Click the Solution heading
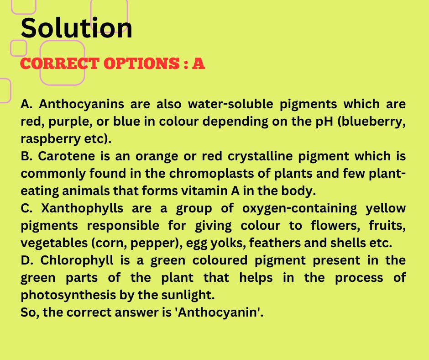click(76, 28)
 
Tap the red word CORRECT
click(60, 64)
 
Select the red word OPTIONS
click(141, 64)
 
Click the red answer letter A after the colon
click(199, 64)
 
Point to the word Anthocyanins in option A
click(81, 104)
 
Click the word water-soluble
click(230, 104)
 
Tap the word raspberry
click(50, 139)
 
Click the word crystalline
click(260, 156)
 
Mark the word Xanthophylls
click(82, 208)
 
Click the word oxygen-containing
click(299, 208)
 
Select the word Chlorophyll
click(77, 260)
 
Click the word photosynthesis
click(68, 295)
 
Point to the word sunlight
click(188, 295)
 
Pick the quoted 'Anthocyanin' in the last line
click(219, 312)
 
